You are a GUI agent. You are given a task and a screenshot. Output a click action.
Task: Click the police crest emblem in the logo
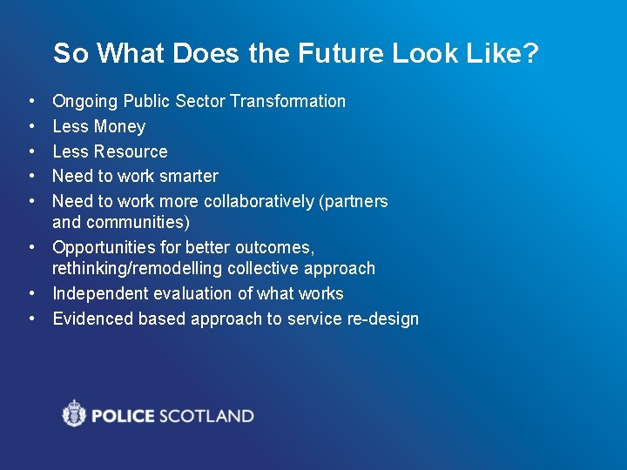point(75,413)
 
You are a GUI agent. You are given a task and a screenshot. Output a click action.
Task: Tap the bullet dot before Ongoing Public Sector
point(30,102)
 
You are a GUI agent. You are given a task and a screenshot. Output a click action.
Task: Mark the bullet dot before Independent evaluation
point(30,294)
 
